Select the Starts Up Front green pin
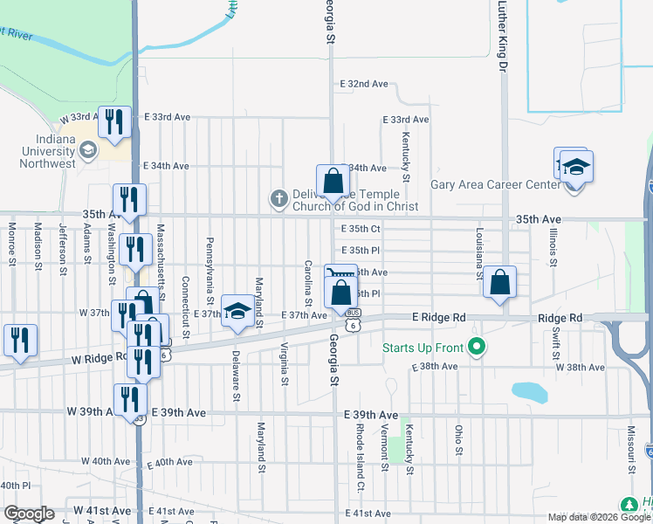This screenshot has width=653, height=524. coord(476,348)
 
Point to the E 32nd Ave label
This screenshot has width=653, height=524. coord(365,84)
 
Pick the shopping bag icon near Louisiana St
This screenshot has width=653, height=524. coord(499,283)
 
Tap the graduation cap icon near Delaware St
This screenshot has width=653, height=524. coord(237,313)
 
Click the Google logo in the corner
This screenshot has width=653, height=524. coord(29,514)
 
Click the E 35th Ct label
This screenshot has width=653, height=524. coord(361,230)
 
